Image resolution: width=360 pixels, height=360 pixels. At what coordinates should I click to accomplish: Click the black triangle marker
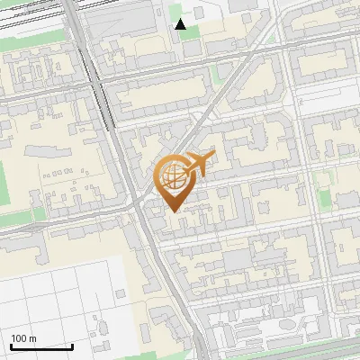point(181,24)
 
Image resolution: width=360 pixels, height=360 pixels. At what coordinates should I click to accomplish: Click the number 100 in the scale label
point(19,338)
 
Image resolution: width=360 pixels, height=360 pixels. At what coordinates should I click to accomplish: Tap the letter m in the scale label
point(33,338)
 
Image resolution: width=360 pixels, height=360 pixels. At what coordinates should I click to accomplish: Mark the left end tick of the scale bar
point(10,346)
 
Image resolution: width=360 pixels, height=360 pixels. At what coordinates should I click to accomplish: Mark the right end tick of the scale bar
point(73,346)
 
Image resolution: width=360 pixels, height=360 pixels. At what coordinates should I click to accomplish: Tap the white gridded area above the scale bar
point(54,288)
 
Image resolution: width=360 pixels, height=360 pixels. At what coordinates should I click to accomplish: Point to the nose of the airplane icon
point(213,156)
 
